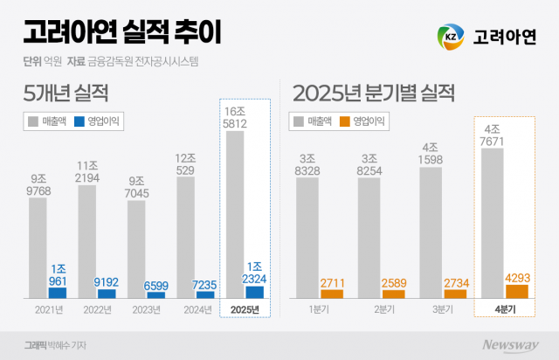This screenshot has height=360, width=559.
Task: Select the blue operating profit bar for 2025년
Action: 256,292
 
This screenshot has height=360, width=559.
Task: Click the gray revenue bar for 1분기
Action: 307,240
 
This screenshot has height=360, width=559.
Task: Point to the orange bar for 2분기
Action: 393,294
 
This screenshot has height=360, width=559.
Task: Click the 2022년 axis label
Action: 96,310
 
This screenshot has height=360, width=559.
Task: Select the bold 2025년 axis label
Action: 245,310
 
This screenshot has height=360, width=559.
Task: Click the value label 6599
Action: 156,285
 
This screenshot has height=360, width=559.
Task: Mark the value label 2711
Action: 332,283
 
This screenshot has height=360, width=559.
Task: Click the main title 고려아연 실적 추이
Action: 122,34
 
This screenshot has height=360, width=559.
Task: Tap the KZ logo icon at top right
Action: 451,38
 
